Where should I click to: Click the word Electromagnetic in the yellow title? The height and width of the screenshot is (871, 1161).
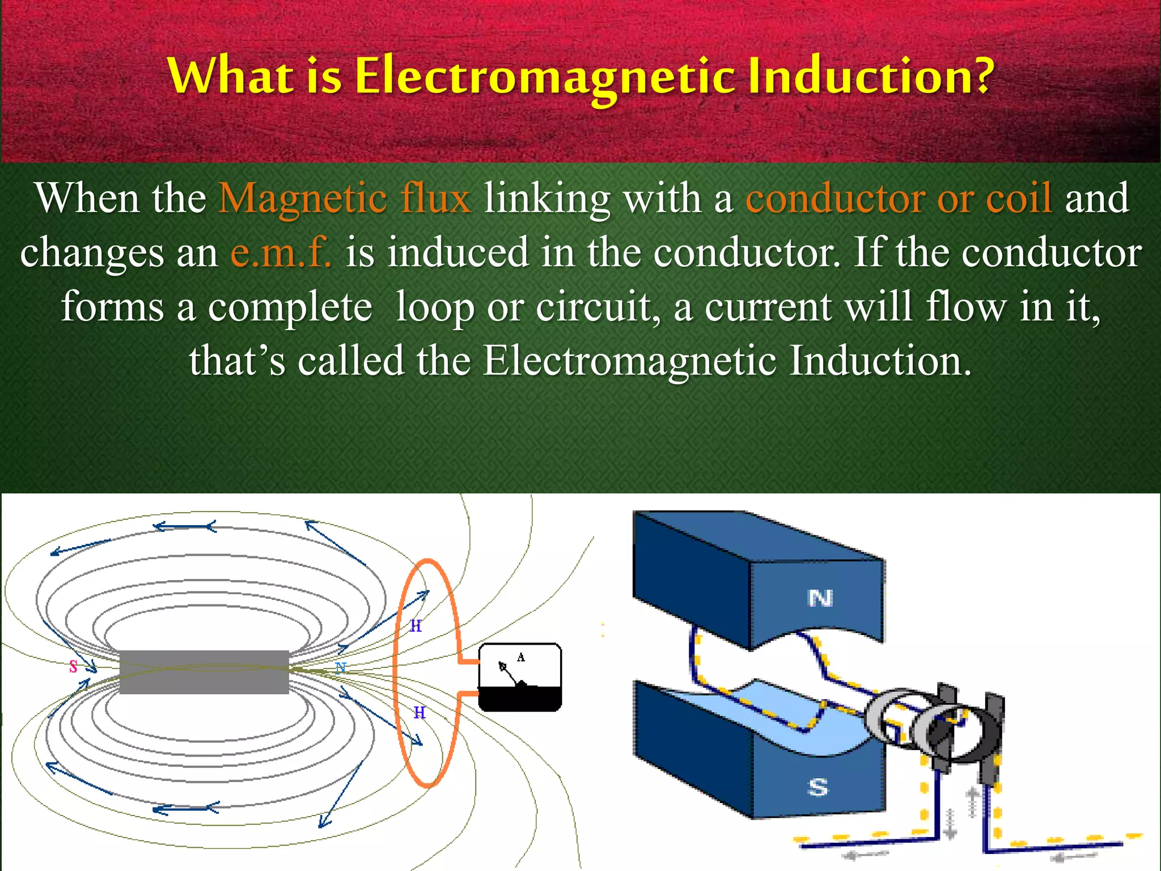click(x=545, y=76)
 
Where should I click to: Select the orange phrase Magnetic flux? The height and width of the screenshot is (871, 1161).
click(x=345, y=198)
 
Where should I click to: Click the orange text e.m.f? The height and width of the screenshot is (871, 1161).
click(x=281, y=252)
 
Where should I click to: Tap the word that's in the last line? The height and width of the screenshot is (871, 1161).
click(x=237, y=361)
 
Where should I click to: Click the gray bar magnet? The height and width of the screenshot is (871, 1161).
click(x=204, y=672)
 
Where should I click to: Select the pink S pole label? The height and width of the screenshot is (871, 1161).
click(x=73, y=667)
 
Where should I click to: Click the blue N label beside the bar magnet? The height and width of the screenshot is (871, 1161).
click(x=340, y=667)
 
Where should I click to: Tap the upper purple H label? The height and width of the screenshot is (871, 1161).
click(x=416, y=626)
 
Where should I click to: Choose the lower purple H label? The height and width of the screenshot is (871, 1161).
click(x=419, y=713)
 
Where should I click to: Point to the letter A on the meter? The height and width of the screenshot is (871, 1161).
click(x=521, y=657)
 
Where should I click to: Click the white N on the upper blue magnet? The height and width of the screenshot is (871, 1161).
click(x=820, y=598)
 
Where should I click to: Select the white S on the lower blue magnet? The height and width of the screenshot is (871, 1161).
click(x=817, y=787)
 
